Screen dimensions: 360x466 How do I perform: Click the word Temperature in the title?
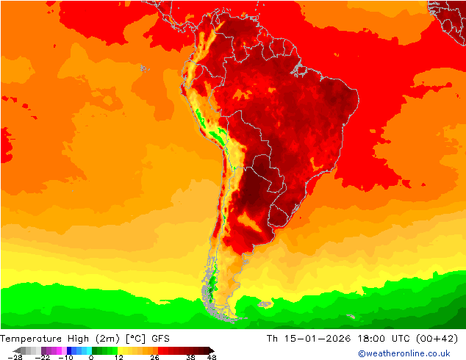[29, 338]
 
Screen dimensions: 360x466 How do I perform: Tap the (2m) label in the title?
[107, 338]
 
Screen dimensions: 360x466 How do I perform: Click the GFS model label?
[161, 338]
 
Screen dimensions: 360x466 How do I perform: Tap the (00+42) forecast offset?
[440, 338]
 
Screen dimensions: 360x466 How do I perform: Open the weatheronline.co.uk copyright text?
[404, 353]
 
